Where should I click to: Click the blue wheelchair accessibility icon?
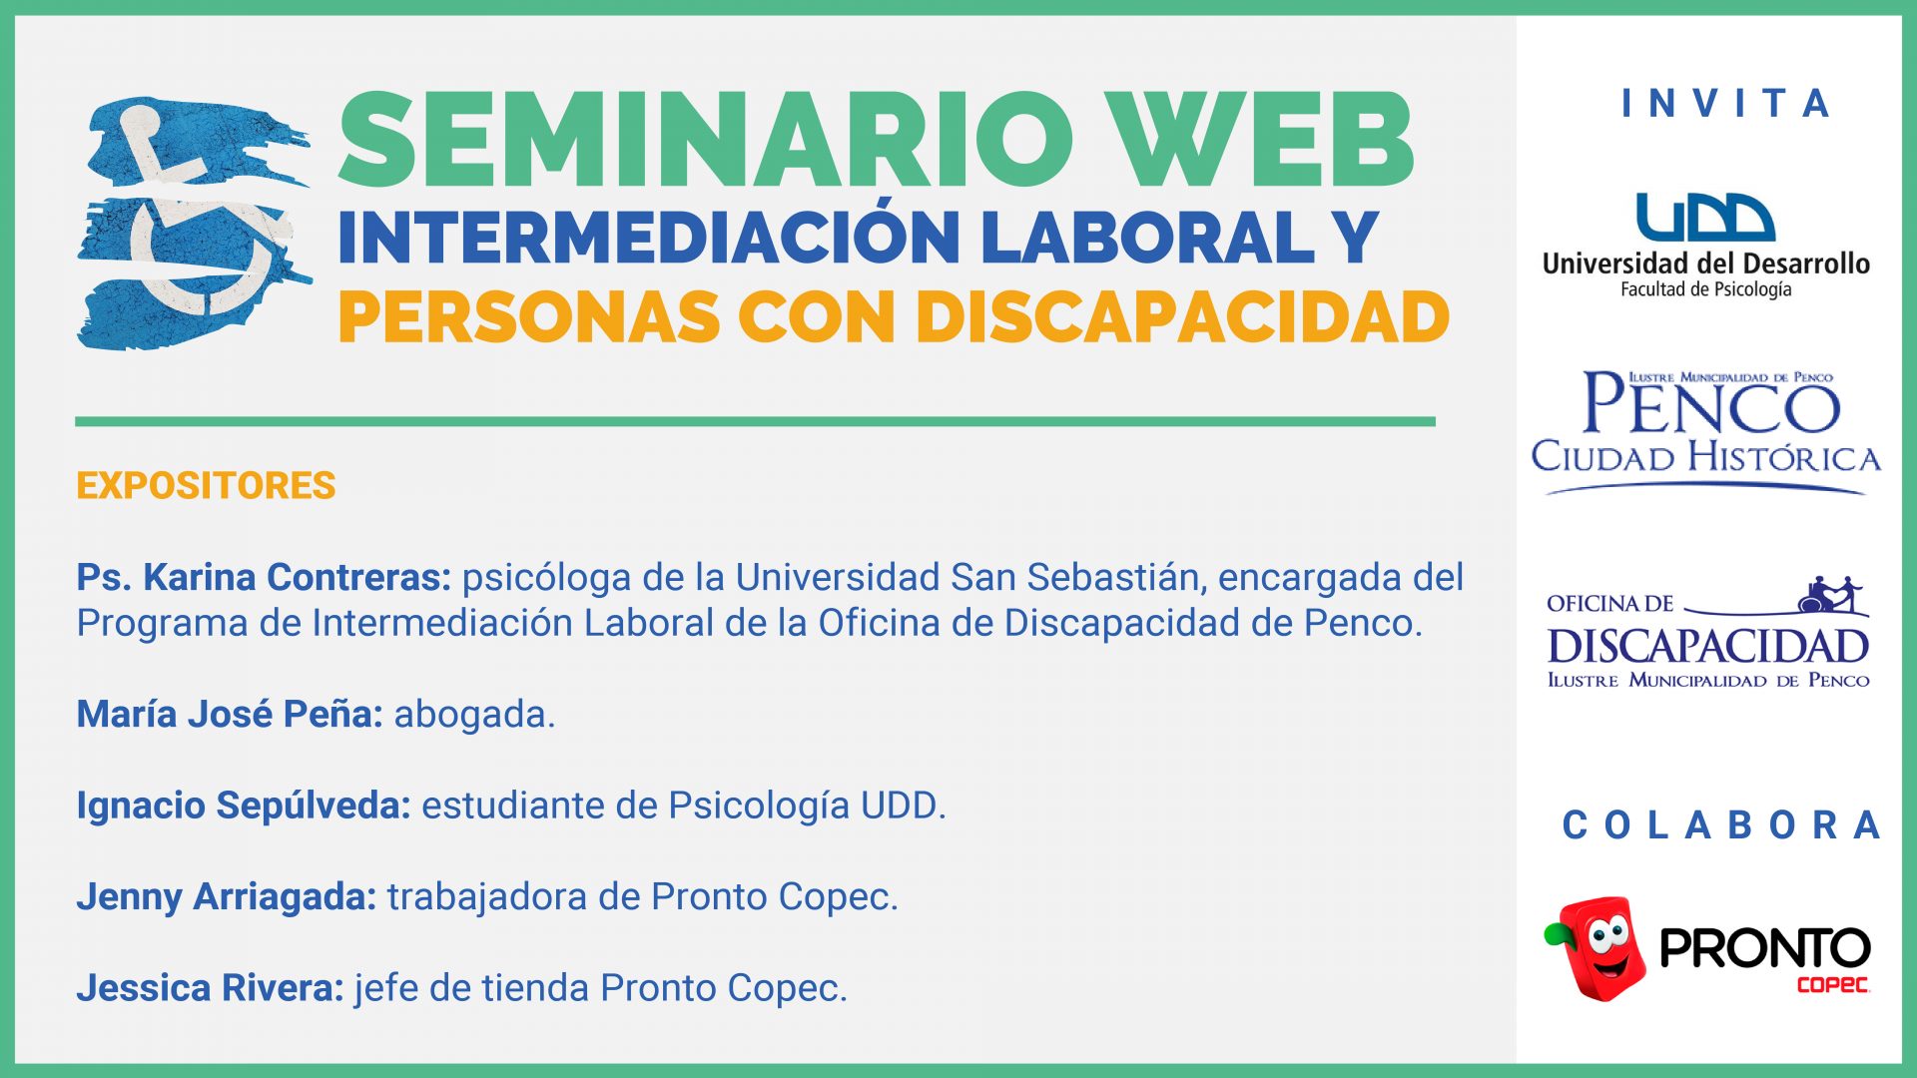[x=195, y=223]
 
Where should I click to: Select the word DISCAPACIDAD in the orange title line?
[x=1182, y=317]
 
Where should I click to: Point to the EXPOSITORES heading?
[x=206, y=486]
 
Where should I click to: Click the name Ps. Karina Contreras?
[x=264, y=578]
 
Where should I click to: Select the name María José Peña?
[x=230, y=714]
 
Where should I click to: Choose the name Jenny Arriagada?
[x=227, y=897]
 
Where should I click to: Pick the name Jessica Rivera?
[x=210, y=988]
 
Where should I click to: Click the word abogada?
[x=474, y=715]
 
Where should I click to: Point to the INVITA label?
[x=1726, y=103]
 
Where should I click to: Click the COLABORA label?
[x=1721, y=825]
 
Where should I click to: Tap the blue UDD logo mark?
[x=1705, y=218]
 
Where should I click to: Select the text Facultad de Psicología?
[x=1705, y=289]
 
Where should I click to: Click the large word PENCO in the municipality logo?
[x=1711, y=404]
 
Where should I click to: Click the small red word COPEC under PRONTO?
[x=1833, y=985]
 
